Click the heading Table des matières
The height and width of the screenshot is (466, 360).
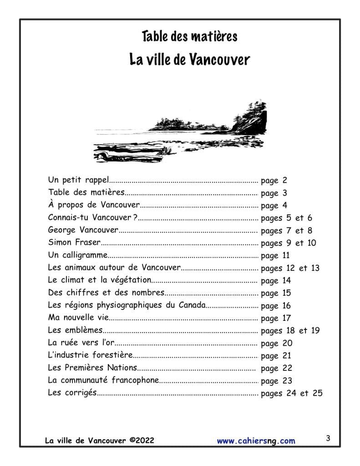tap(189, 36)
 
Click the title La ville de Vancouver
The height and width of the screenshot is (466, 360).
tap(189, 60)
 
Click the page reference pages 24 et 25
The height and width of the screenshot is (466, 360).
tap(291, 393)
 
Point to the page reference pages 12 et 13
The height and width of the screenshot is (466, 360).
tap(290, 268)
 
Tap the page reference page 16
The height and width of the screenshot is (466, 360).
tap(276, 305)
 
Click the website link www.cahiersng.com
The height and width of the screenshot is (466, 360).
tap(256, 441)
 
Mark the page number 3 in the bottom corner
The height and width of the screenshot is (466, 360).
tap(328, 439)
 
